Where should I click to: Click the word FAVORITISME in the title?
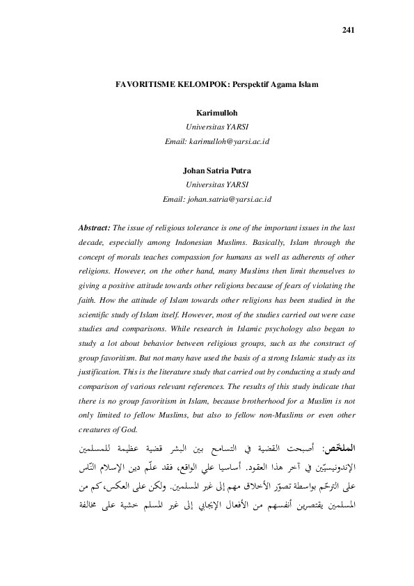[142, 84]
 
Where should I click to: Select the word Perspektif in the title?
[245, 84]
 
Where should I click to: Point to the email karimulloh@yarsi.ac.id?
[216, 141]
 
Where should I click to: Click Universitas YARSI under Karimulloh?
[216, 127]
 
